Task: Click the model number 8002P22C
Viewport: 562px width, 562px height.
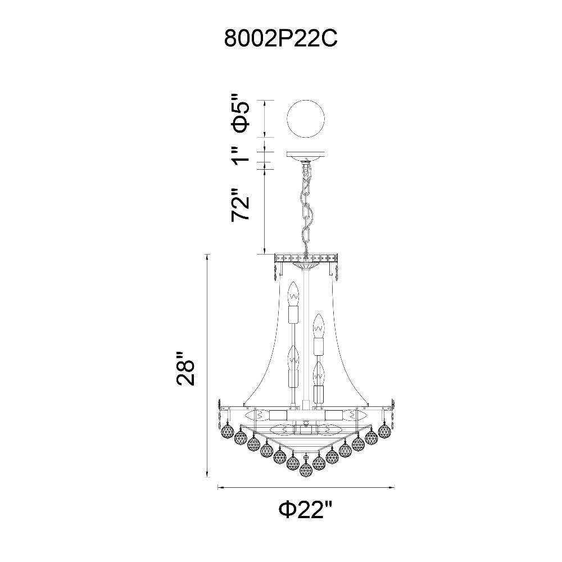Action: [x=280, y=38]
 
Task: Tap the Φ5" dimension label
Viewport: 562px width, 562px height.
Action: [x=240, y=113]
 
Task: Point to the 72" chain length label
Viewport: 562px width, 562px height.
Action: [x=240, y=205]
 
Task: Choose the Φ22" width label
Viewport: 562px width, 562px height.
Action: [x=306, y=509]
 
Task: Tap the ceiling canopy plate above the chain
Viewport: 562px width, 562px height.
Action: [x=306, y=156]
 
